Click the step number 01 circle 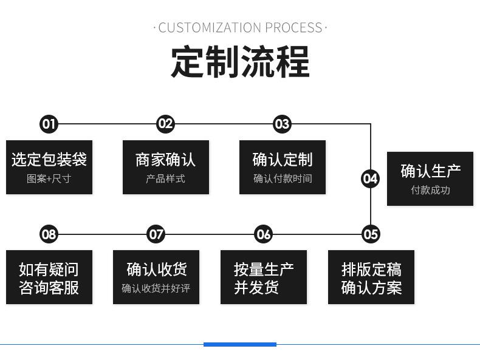coord(49,124)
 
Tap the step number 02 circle coord(165,124)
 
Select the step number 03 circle coord(282,124)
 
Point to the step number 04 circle coord(370,178)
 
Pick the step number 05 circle coord(370,234)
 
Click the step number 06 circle coord(263,234)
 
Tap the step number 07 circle coord(156,234)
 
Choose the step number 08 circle coord(49,234)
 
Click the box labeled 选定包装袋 coord(49,168)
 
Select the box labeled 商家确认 coord(165,168)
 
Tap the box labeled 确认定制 coord(282,168)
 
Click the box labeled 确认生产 coord(430,178)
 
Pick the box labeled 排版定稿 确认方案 coord(371,277)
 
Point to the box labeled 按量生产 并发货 coord(263,277)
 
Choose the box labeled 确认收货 coord(156,277)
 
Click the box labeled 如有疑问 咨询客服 coord(49,277)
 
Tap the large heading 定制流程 coord(240,61)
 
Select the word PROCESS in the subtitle coord(293,28)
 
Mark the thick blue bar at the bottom coord(239,344)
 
